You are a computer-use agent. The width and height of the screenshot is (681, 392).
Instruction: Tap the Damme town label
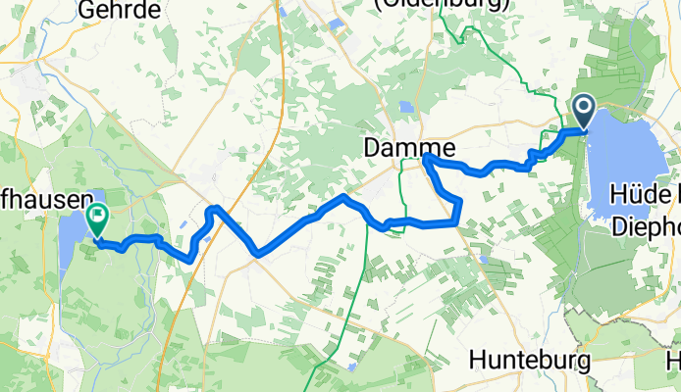click(x=407, y=148)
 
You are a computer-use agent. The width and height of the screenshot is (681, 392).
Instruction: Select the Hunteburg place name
click(x=530, y=361)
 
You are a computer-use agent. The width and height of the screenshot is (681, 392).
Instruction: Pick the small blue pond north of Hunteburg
click(x=483, y=260)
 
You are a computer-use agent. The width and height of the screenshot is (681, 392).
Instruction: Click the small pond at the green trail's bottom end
click(x=351, y=367)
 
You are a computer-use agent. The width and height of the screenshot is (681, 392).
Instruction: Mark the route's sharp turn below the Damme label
click(x=427, y=159)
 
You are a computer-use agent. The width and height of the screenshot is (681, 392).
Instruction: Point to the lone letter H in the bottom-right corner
click(x=673, y=361)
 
